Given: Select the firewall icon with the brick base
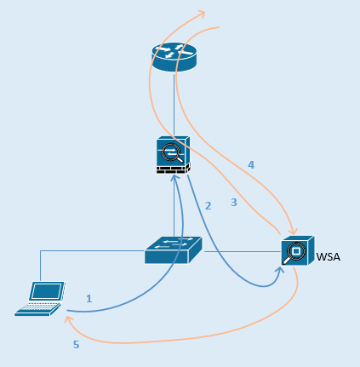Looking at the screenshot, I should pos(173,154).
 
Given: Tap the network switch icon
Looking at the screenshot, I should pos(173,248).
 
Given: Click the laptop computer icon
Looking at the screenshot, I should pos(41,298).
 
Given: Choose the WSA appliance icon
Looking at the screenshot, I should pos(297,252).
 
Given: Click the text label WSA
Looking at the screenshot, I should pos(329,255).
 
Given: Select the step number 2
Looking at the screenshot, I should pos(208,205).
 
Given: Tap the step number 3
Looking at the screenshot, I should pos(234,203).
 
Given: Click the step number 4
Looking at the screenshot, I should pos(250,164).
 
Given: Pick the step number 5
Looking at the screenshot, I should pos(75,345).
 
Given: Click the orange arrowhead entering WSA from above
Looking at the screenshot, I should pos(292,230).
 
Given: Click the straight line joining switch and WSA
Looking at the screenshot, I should pos(242,251).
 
